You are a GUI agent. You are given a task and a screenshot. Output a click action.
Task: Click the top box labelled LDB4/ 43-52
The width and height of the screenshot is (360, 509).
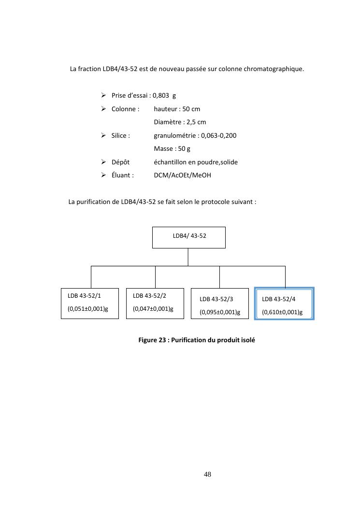pos(188,237)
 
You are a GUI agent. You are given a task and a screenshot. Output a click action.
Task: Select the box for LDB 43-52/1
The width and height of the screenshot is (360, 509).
pos(90,303)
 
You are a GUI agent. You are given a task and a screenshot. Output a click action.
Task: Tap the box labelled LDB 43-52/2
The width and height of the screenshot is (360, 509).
pos(155,303)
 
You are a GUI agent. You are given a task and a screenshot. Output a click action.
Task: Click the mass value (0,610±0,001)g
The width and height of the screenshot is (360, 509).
pos(282,312)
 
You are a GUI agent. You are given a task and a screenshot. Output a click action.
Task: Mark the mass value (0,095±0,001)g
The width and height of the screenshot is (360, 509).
pos(220,312)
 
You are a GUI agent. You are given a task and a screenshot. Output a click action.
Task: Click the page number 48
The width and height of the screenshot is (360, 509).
pos(208,474)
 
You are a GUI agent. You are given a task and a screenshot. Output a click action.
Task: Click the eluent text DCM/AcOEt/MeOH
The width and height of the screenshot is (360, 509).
pos(182,175)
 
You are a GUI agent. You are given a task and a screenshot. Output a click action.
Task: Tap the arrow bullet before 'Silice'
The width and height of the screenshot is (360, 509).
pos(104,135)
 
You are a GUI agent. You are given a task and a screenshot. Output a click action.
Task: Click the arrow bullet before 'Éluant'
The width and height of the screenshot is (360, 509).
pos(104,175)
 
